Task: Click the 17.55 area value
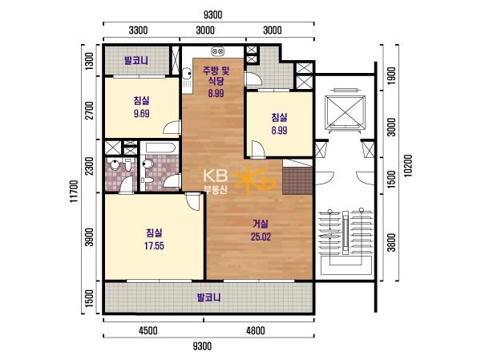[x=154, y=246]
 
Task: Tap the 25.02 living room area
[x=261, y=237]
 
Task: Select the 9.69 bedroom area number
[x=141, y=114]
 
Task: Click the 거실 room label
[x=261, y=224]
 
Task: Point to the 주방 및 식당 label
[x=216, y=76]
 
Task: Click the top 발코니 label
[x=136, y=60]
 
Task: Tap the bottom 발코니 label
[x=208, y=297]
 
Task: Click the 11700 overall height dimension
[x=74, y=191]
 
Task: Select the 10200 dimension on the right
[x=408, y=165]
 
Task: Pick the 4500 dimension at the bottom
[x=148, y=330]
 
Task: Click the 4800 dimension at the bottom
[x=256, y=330]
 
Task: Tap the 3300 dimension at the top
[x=138, y=30]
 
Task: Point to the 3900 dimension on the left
[x=89, y=237]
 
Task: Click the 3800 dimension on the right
[x=391, y=242]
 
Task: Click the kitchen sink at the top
[x=217, y=51]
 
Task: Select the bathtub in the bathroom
[x=160, y=148]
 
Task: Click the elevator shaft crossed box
[x=345, y=111]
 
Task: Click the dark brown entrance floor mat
[x=297, y=180]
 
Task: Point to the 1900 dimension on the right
[x=391, y=76]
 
